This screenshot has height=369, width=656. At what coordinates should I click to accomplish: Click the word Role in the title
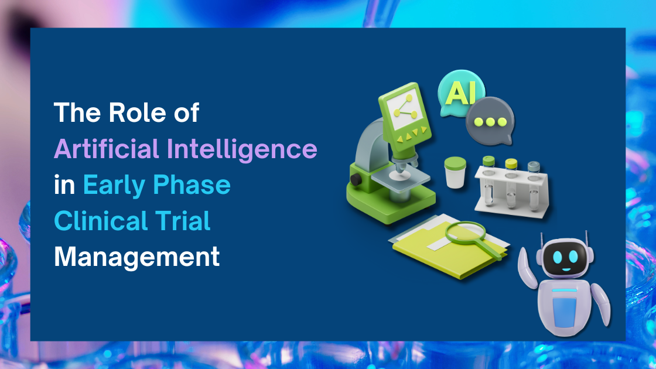[127, 112]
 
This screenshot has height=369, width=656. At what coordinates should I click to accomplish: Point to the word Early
[113, 185]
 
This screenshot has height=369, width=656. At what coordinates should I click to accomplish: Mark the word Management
[137, 258]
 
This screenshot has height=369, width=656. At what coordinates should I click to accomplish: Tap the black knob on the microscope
[354, 177]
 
